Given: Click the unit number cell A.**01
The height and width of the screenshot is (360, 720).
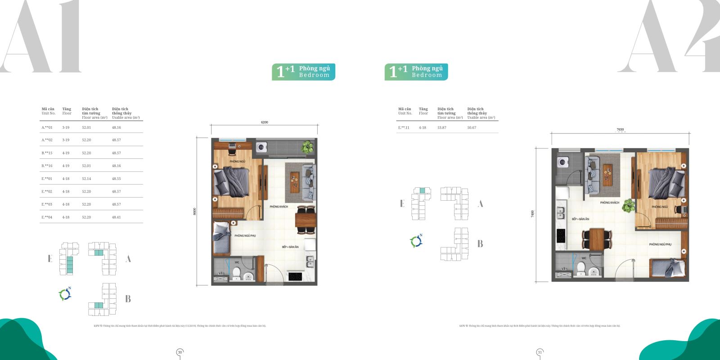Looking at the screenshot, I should (47, 127).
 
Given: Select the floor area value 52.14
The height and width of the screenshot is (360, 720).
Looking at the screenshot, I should (86, 179).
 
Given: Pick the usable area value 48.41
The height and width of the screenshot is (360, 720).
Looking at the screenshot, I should (116, 217).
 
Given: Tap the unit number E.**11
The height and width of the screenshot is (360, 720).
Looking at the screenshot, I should (404, 127).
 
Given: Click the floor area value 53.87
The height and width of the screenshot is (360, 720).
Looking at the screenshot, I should (442, 127).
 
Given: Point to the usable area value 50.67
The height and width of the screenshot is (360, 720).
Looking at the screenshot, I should (472, 127).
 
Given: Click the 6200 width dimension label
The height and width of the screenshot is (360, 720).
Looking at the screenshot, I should (264, 122).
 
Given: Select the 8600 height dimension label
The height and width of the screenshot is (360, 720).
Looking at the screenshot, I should (195, 211).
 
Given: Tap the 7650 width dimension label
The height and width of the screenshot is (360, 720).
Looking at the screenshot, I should (620, 130).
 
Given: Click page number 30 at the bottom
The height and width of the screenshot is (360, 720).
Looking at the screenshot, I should (180, 352).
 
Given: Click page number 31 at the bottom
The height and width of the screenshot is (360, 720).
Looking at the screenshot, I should (540, 352).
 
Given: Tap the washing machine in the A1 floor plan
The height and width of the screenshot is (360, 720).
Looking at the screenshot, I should (261, 147).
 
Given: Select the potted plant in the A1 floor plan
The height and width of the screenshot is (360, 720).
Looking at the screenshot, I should (308, 147).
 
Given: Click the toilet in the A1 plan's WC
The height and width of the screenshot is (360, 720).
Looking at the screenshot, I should (236, 273).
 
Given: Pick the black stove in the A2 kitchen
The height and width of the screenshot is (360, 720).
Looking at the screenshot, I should (561, 235).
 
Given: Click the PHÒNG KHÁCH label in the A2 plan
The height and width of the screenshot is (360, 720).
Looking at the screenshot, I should (609, 202).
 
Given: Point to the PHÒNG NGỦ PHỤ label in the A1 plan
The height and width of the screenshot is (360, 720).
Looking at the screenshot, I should (245, 235).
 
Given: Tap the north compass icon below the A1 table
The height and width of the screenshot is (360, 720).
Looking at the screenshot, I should (65, 294).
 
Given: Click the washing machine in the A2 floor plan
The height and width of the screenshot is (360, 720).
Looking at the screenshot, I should (562, 162).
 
